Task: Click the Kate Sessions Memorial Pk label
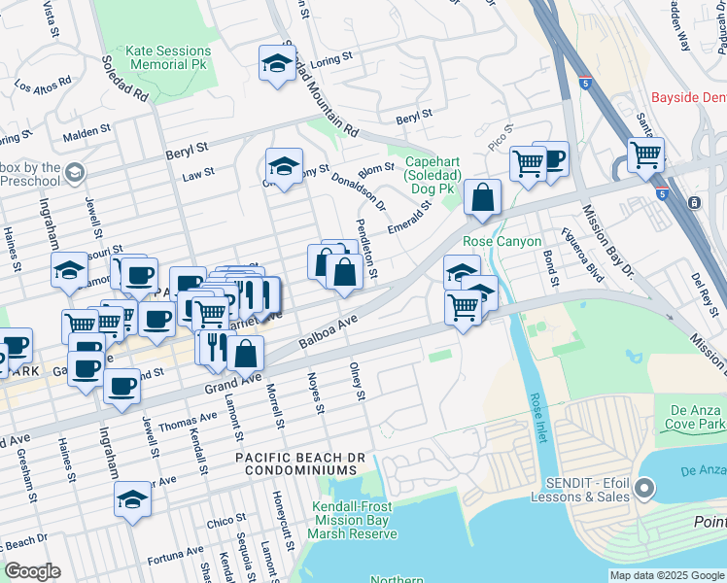[168, 58]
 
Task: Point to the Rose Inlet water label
[537, 417]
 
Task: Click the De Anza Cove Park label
[696, 418]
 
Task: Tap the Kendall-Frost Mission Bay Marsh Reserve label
[354, 520]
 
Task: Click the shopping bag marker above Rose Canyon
[482, 198]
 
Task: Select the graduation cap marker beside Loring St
[277, 64]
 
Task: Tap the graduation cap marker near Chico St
[132, 499]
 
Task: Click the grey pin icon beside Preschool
[74, 173]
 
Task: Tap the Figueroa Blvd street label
[583, 256]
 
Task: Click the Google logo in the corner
[31, 571]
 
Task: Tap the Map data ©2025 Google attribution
[666, 575]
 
